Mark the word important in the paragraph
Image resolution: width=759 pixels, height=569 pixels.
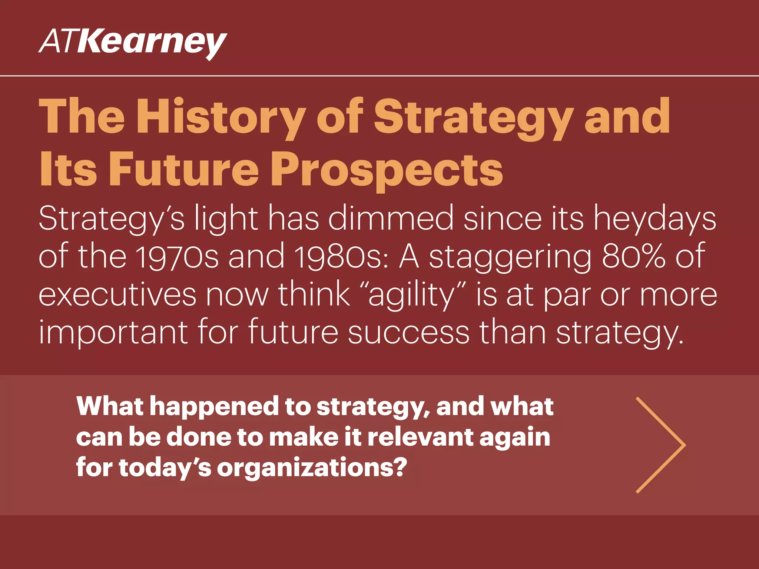tap(113, 332)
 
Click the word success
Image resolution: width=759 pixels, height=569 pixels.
tap(408, 332)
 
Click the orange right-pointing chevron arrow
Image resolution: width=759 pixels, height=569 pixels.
tap(660, 445)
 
